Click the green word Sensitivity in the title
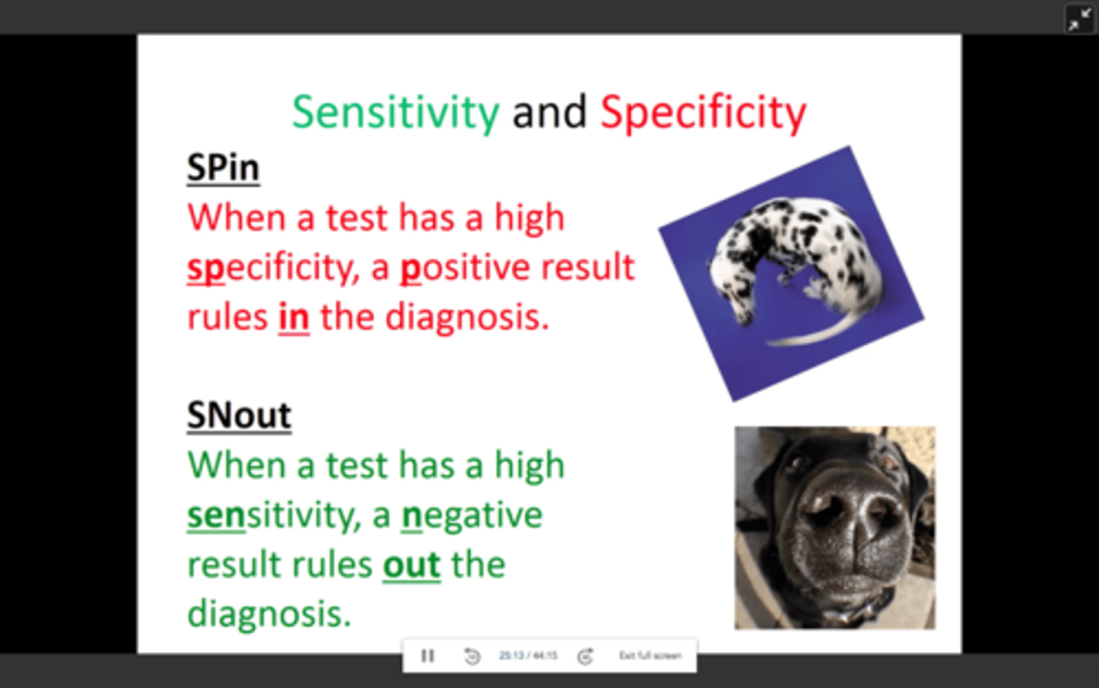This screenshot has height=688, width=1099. click(395, 112)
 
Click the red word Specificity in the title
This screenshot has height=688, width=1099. click(703, 112)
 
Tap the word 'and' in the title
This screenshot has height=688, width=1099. click(549, 112)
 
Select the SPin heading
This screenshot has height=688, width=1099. click(223, 167)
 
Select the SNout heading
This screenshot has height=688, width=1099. click(239, 415)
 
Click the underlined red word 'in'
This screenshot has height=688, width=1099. click(294, 317)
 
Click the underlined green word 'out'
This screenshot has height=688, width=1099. click(411, 565)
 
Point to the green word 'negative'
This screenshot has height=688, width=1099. click(472, 515)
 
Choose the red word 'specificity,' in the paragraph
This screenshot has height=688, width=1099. click(273, 267)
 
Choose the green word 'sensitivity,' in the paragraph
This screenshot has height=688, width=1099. click(273, 515)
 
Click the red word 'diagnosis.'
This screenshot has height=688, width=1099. click(467, 317)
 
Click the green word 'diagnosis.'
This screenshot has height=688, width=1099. click(269, 614)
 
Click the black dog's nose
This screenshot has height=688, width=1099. click(847, 519)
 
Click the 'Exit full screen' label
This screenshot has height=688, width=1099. click(649, 656)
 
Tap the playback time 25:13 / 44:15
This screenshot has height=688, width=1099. click(528, 656)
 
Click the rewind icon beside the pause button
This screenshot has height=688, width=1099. click(472, 656)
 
